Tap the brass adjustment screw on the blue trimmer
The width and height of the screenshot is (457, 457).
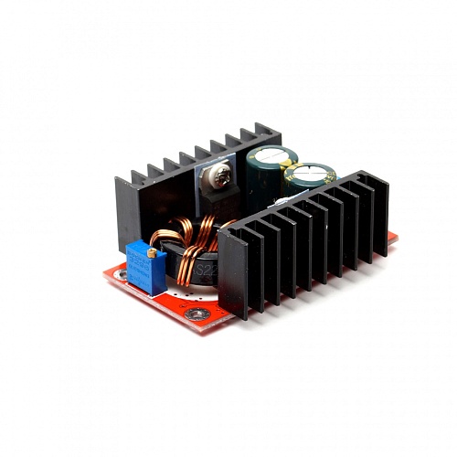(152, 252)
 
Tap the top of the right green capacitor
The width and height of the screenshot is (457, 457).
(310, 173)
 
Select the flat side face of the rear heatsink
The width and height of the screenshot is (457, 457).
(128, 215)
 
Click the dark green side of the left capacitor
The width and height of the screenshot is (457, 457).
(265, 183)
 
